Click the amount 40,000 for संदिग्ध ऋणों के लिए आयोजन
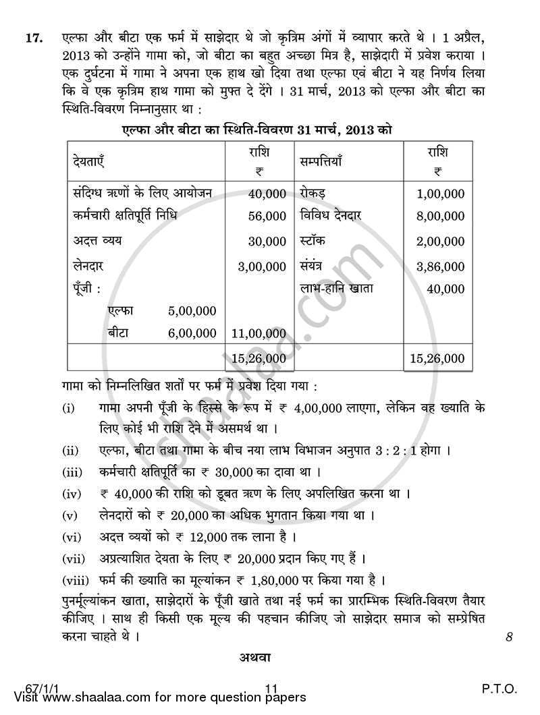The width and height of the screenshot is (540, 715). point(267,194)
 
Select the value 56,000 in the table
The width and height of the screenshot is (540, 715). point(267,217)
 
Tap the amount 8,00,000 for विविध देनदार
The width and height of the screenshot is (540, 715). point(440,217)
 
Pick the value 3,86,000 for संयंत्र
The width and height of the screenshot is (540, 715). point(440,266)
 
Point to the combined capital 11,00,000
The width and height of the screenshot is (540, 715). point(259,333)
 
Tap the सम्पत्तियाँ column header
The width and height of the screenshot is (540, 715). point(321,163)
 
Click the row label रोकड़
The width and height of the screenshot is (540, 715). point(313,194)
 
